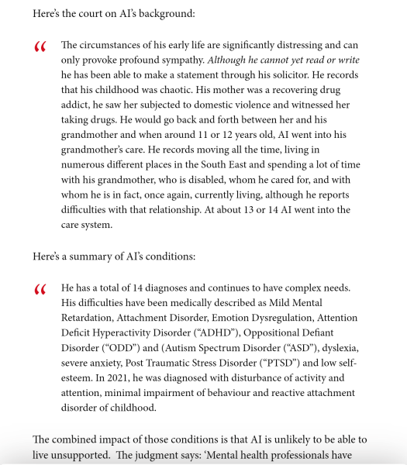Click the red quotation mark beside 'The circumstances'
40,48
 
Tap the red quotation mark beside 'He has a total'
40,291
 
